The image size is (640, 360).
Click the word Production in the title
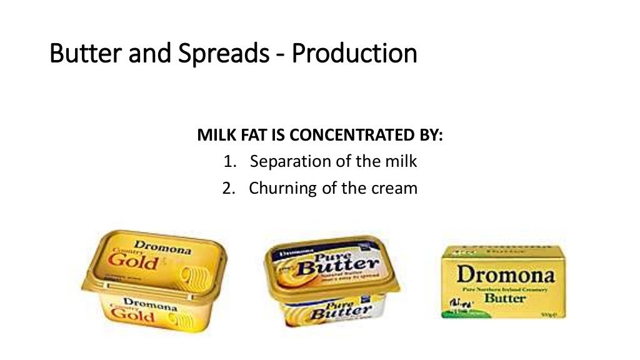[354, 54]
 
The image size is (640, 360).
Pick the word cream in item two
[391, 187]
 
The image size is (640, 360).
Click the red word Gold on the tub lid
[133, 261]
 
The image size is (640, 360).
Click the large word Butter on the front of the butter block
[506, 298]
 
